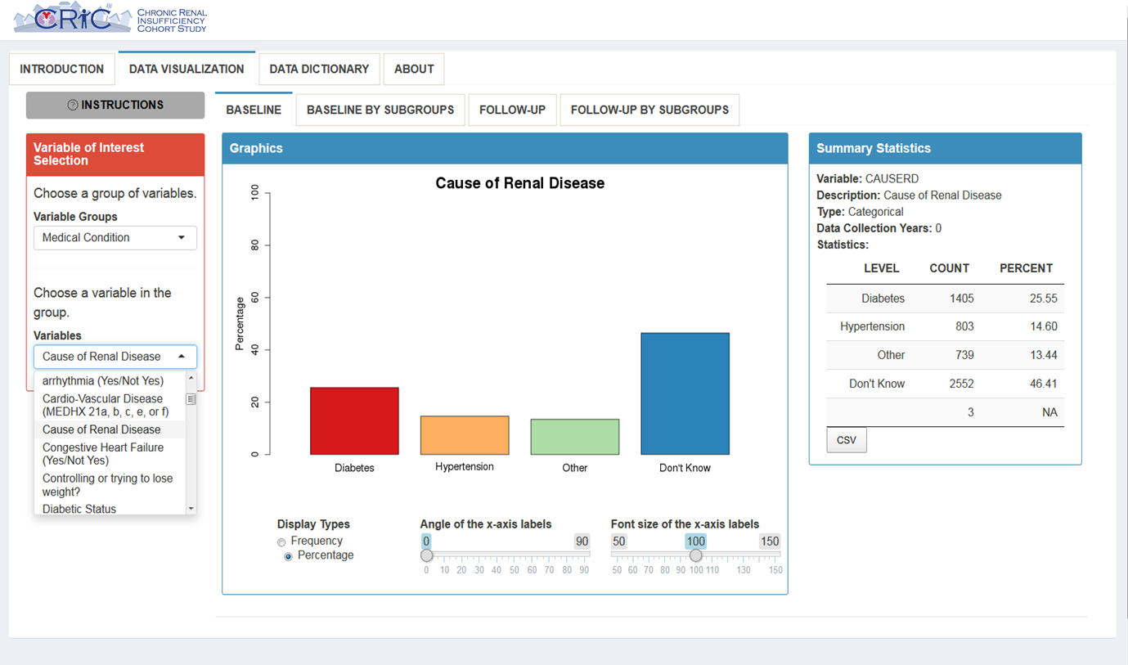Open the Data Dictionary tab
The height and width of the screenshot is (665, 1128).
click(x=319, y=70)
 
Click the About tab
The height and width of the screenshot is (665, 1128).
click(x=414, y=70)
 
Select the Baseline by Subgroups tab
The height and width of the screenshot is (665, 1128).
click(x=380, y=110)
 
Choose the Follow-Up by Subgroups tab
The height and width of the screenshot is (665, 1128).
click(x=649, y=110)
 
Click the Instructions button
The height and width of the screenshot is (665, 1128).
click(x=115, y=105)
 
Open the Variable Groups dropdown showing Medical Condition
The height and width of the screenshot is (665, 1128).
click(x=115, y=238)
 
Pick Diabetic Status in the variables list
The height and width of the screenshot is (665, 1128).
click(x=79, y=509)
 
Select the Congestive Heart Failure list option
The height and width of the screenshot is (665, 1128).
click(x=103, y=454)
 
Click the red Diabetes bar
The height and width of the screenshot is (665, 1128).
click(x=354, y=421)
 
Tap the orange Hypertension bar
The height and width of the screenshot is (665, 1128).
click(x=465, y=435)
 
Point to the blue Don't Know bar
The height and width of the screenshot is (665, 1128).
click(x=685, y=393)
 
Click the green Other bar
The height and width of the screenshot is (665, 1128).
click(x=575, y=437)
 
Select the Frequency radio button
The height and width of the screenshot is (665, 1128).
click(x=281, y=541)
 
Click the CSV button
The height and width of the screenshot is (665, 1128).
click(x=847, y=440)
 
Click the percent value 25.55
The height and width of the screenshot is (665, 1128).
click(x=1043, y=299)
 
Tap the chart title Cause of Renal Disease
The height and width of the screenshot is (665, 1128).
click(x=519, y=183)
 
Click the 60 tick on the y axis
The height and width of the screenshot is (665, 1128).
click(x=255, y=298)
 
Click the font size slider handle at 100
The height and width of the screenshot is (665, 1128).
click(x=695, y=555)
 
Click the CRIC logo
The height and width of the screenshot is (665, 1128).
click(x=73, y=18)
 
